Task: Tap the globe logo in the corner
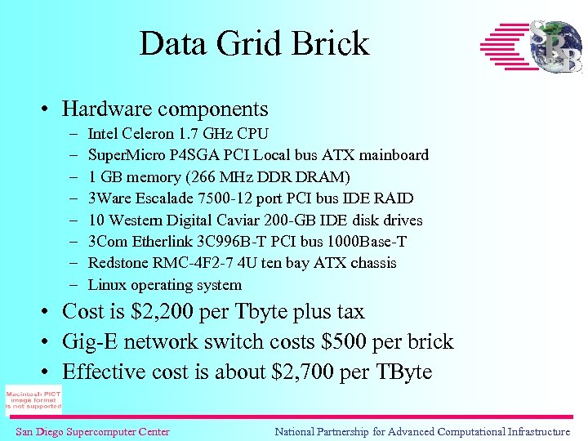(555, 47)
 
